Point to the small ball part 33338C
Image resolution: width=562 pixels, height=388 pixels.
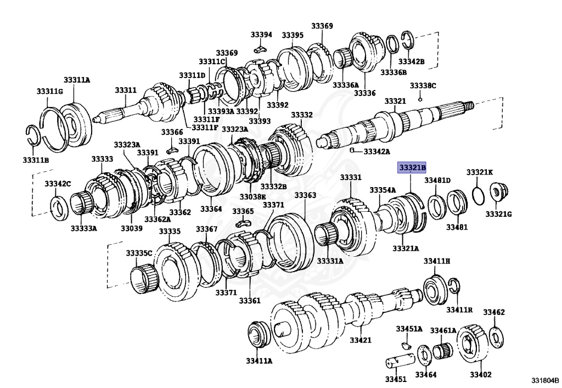coord(420,99)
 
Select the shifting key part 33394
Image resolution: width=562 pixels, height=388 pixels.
coord(260,49)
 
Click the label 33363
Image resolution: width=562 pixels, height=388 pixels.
coord(305,195)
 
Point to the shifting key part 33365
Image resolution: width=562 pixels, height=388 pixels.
coord(243,224)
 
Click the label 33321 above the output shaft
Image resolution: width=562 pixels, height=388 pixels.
coord(395,102)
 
